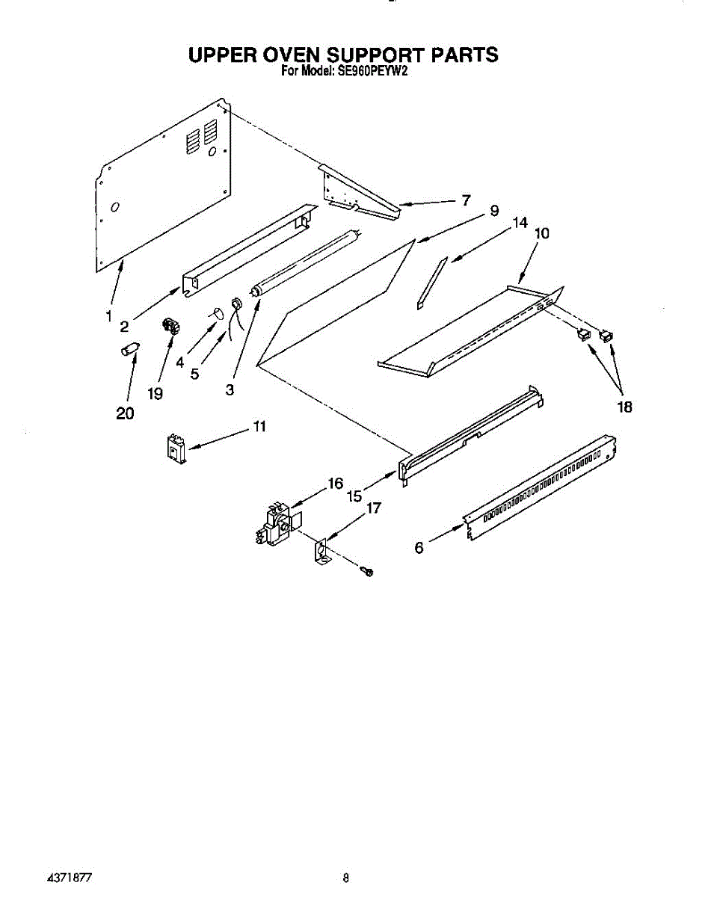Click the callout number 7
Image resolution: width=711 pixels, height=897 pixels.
click(x=466, y=200)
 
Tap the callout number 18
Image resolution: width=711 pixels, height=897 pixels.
click(x=624, y=407)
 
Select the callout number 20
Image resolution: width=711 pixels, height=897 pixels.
click(x=125, y=413)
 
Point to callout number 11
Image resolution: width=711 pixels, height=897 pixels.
click(x=259, y=427)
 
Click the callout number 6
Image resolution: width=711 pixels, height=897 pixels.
click(x=419, y=548)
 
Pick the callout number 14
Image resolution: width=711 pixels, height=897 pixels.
click(x=520, y=223)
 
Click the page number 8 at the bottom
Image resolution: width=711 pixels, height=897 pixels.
click(x=346, y=878)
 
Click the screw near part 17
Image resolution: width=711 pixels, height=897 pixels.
click(x=368, y=572)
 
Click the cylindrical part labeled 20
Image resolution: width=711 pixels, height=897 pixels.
click(x=131, y=350)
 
